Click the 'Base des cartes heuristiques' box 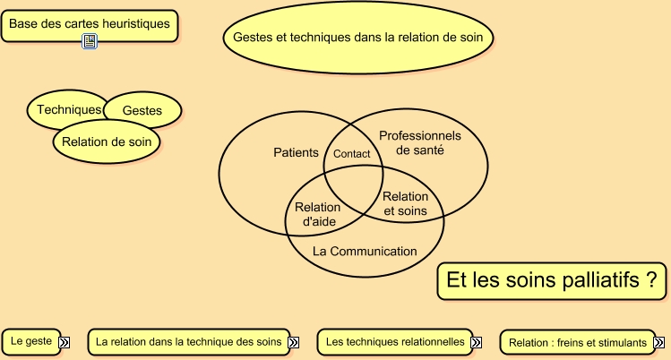coord(89,24)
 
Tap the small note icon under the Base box coord(90,41)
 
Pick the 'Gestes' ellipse coord(142,110)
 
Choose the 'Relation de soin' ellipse coord(107,141)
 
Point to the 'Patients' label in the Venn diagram coord(296,153)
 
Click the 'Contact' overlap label coord(351,154)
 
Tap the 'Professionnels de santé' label coord(419,142)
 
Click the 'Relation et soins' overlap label coord(405,204)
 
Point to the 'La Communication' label coord(365,252)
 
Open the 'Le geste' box coord(30,341)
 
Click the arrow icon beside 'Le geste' coord(65,341)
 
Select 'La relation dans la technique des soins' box coord(188,341)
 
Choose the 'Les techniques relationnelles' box coord(395,341)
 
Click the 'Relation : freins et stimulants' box coord(577,342)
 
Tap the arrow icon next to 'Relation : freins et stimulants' coord(658,342)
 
